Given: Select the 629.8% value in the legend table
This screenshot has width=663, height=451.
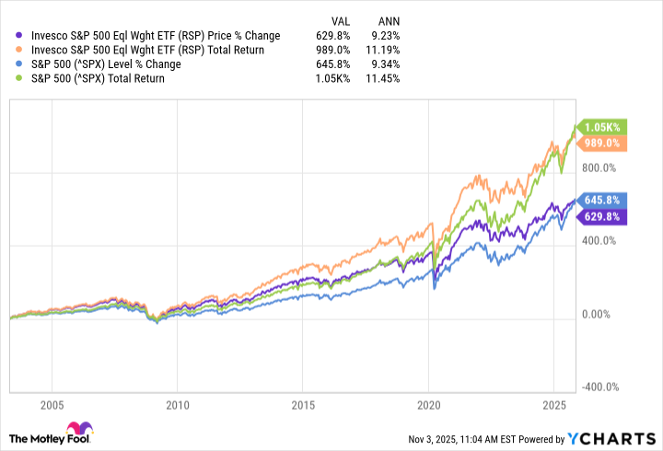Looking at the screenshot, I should pyautogui.click(x=338, y=36).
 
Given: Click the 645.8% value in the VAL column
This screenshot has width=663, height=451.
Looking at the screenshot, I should pyautogui.click(x=338, y=64).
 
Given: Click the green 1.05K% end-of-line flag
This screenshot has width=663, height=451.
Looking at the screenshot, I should pyautogui.click(x=603, y=127).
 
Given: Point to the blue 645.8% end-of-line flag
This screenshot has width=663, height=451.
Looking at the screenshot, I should pyautogui.click(x=603, y=199).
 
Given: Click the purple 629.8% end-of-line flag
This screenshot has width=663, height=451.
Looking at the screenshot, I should pyautogui.click(x=603, y=216).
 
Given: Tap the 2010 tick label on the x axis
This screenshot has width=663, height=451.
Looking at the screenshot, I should pyautogui.click(x=178, y=405).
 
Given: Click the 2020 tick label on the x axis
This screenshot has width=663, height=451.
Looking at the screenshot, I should pyautogui.click(x=429, y=405).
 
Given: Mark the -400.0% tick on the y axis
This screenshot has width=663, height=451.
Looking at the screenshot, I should pyautogui.click(x=605, y=387).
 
